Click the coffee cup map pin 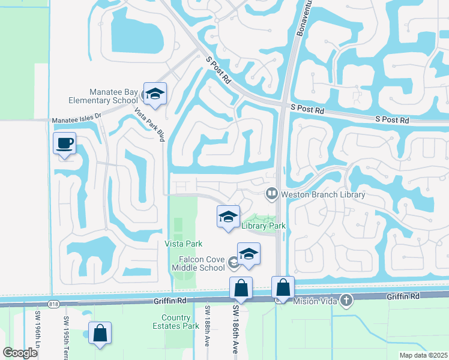coord(64,144)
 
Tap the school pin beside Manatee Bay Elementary coord(155,94)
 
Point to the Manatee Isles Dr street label coord(76,120)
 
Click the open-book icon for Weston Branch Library coord(271,193)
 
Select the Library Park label coord(263,226)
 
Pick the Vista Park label coord(183,244)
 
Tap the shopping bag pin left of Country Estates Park coord(100,334)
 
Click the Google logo coord(20,353)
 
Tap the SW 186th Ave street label coord(235,324)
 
